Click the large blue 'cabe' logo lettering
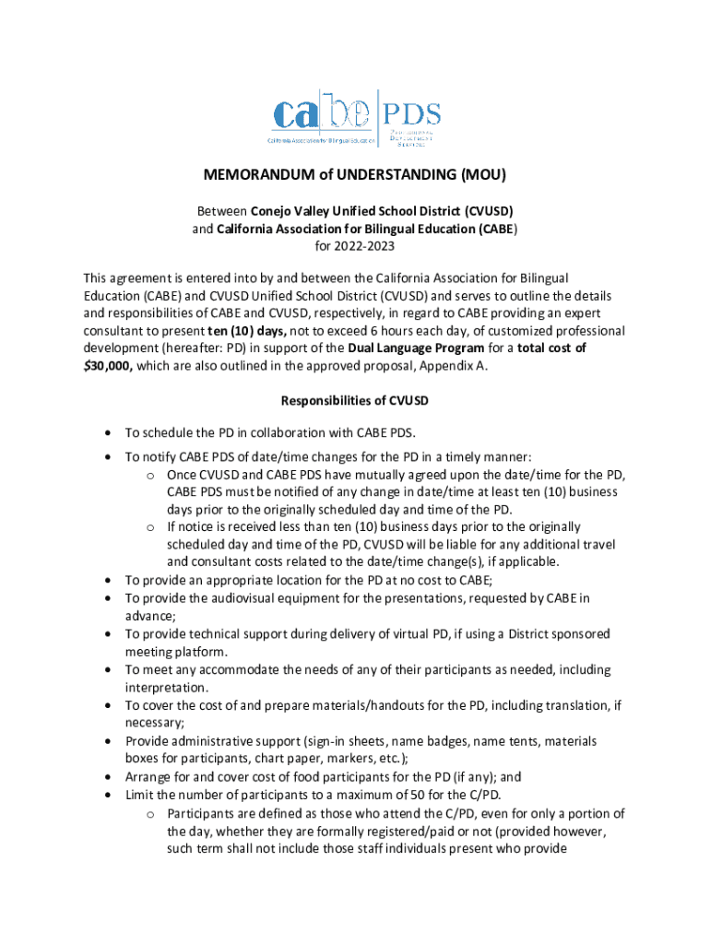(322, 117)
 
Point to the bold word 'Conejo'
(275, 210)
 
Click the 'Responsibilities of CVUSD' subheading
(355, 401)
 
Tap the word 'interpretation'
(166, 688)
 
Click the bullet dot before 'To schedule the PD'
(111, 432)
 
